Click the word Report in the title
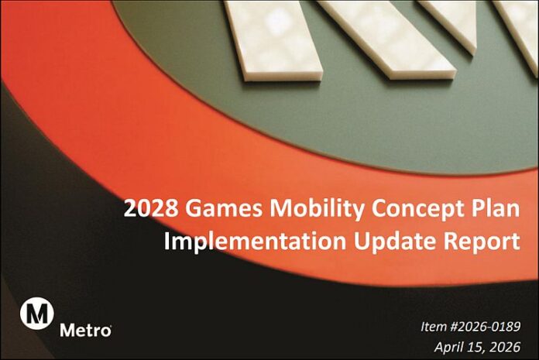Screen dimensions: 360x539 coord(473,241)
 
